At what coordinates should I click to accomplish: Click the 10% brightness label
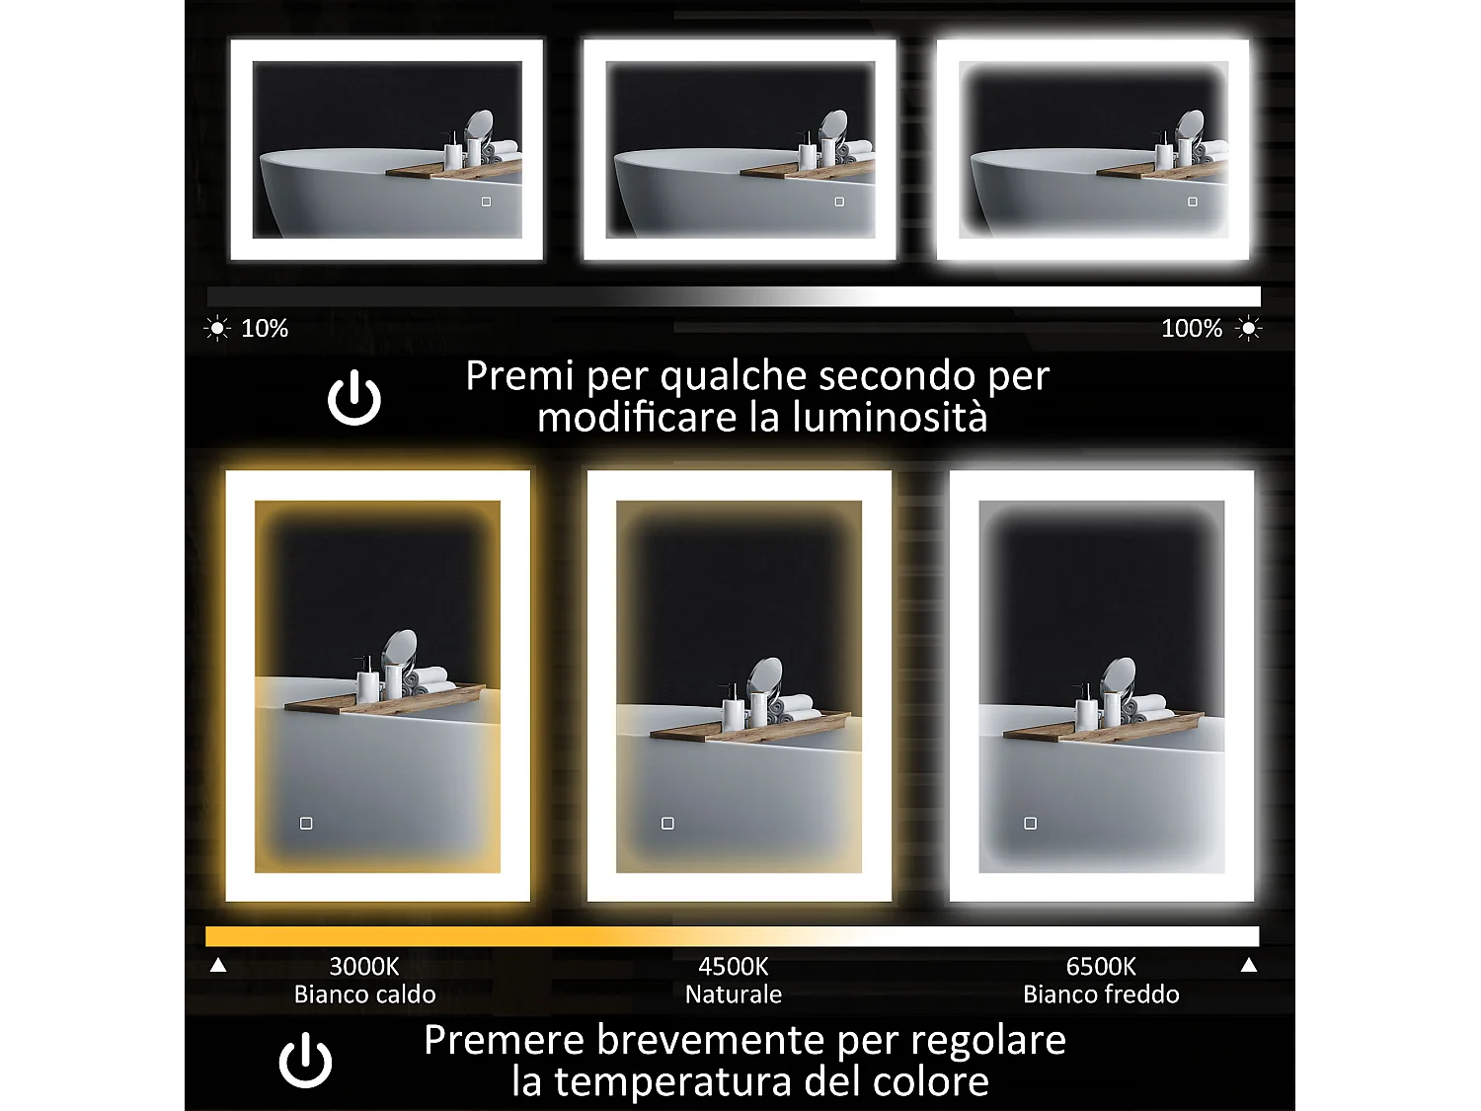265,329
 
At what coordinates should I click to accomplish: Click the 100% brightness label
1191,329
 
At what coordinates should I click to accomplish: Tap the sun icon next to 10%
217,328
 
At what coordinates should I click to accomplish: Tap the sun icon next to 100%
1249,328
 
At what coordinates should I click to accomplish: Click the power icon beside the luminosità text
354,399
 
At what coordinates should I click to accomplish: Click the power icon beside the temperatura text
305,1061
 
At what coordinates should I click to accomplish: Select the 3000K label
363,966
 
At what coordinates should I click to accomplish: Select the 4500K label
733,966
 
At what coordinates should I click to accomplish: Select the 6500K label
1101,966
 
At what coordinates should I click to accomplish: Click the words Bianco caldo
364,994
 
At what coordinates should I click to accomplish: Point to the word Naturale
733,994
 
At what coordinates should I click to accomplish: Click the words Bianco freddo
1101,994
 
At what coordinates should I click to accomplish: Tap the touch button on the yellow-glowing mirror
306,823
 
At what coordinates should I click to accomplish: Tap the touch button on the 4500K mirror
667,823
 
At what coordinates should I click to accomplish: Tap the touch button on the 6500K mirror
1030,823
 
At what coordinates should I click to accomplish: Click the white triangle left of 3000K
218,965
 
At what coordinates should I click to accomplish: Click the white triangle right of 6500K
1249,965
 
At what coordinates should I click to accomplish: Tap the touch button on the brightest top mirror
1193,201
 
